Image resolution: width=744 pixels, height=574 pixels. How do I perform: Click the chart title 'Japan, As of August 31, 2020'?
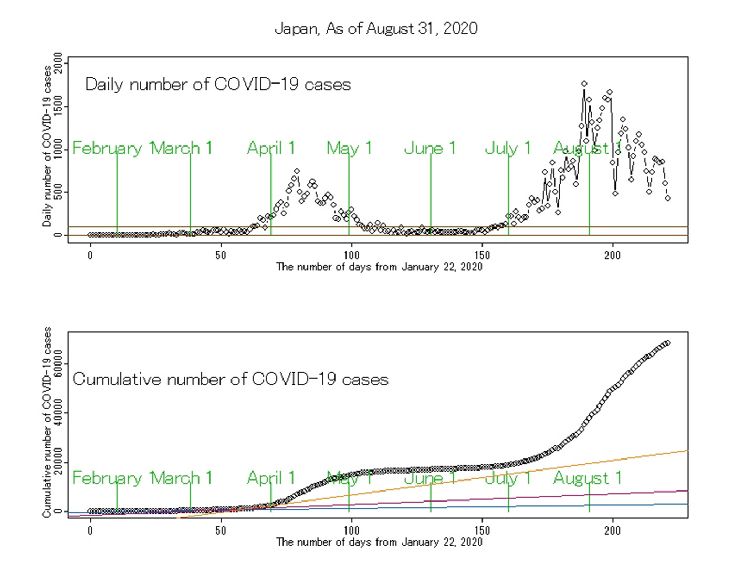(x=376, y=28)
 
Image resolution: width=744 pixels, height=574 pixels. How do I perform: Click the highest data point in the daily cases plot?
(x=584, y=84)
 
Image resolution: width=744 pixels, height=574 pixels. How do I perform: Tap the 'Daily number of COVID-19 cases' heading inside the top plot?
(x=218, y=85)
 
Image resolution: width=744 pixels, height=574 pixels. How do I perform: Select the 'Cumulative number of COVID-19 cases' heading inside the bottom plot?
(x=230, y=379)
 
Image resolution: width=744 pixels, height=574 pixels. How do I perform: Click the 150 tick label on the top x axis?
(x=482, y=255)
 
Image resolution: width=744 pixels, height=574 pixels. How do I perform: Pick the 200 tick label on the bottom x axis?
(x=612, y=530)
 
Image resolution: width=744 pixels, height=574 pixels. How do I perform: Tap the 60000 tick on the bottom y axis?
(x=58, y=364)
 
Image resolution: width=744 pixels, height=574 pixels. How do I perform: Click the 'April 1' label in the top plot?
(x=271, y=148)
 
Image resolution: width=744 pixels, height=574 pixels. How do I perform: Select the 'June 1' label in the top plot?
(x=429, y=148)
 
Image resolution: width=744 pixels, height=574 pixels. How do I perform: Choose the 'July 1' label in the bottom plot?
(x=508, y=478)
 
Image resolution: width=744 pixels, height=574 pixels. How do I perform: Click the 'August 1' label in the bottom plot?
(x=588, y=478)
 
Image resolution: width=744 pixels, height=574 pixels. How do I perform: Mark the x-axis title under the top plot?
(x=379, y=267)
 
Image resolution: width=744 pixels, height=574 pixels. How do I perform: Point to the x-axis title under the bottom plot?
(x=379, y=542)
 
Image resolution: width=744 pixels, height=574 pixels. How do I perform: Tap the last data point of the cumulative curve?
(x=667, y=343)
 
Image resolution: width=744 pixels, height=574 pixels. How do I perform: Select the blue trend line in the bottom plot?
(x=630, y=505)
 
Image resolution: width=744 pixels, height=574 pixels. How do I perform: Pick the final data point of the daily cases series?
(x=667, y=199)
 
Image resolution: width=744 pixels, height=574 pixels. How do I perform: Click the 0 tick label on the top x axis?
(x=90, y=255)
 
